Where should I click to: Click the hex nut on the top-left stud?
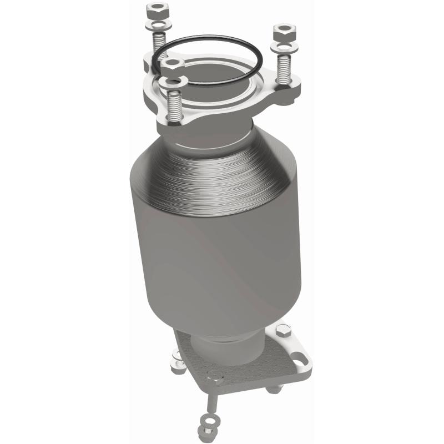pyautogui.click(x=155, y=9)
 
